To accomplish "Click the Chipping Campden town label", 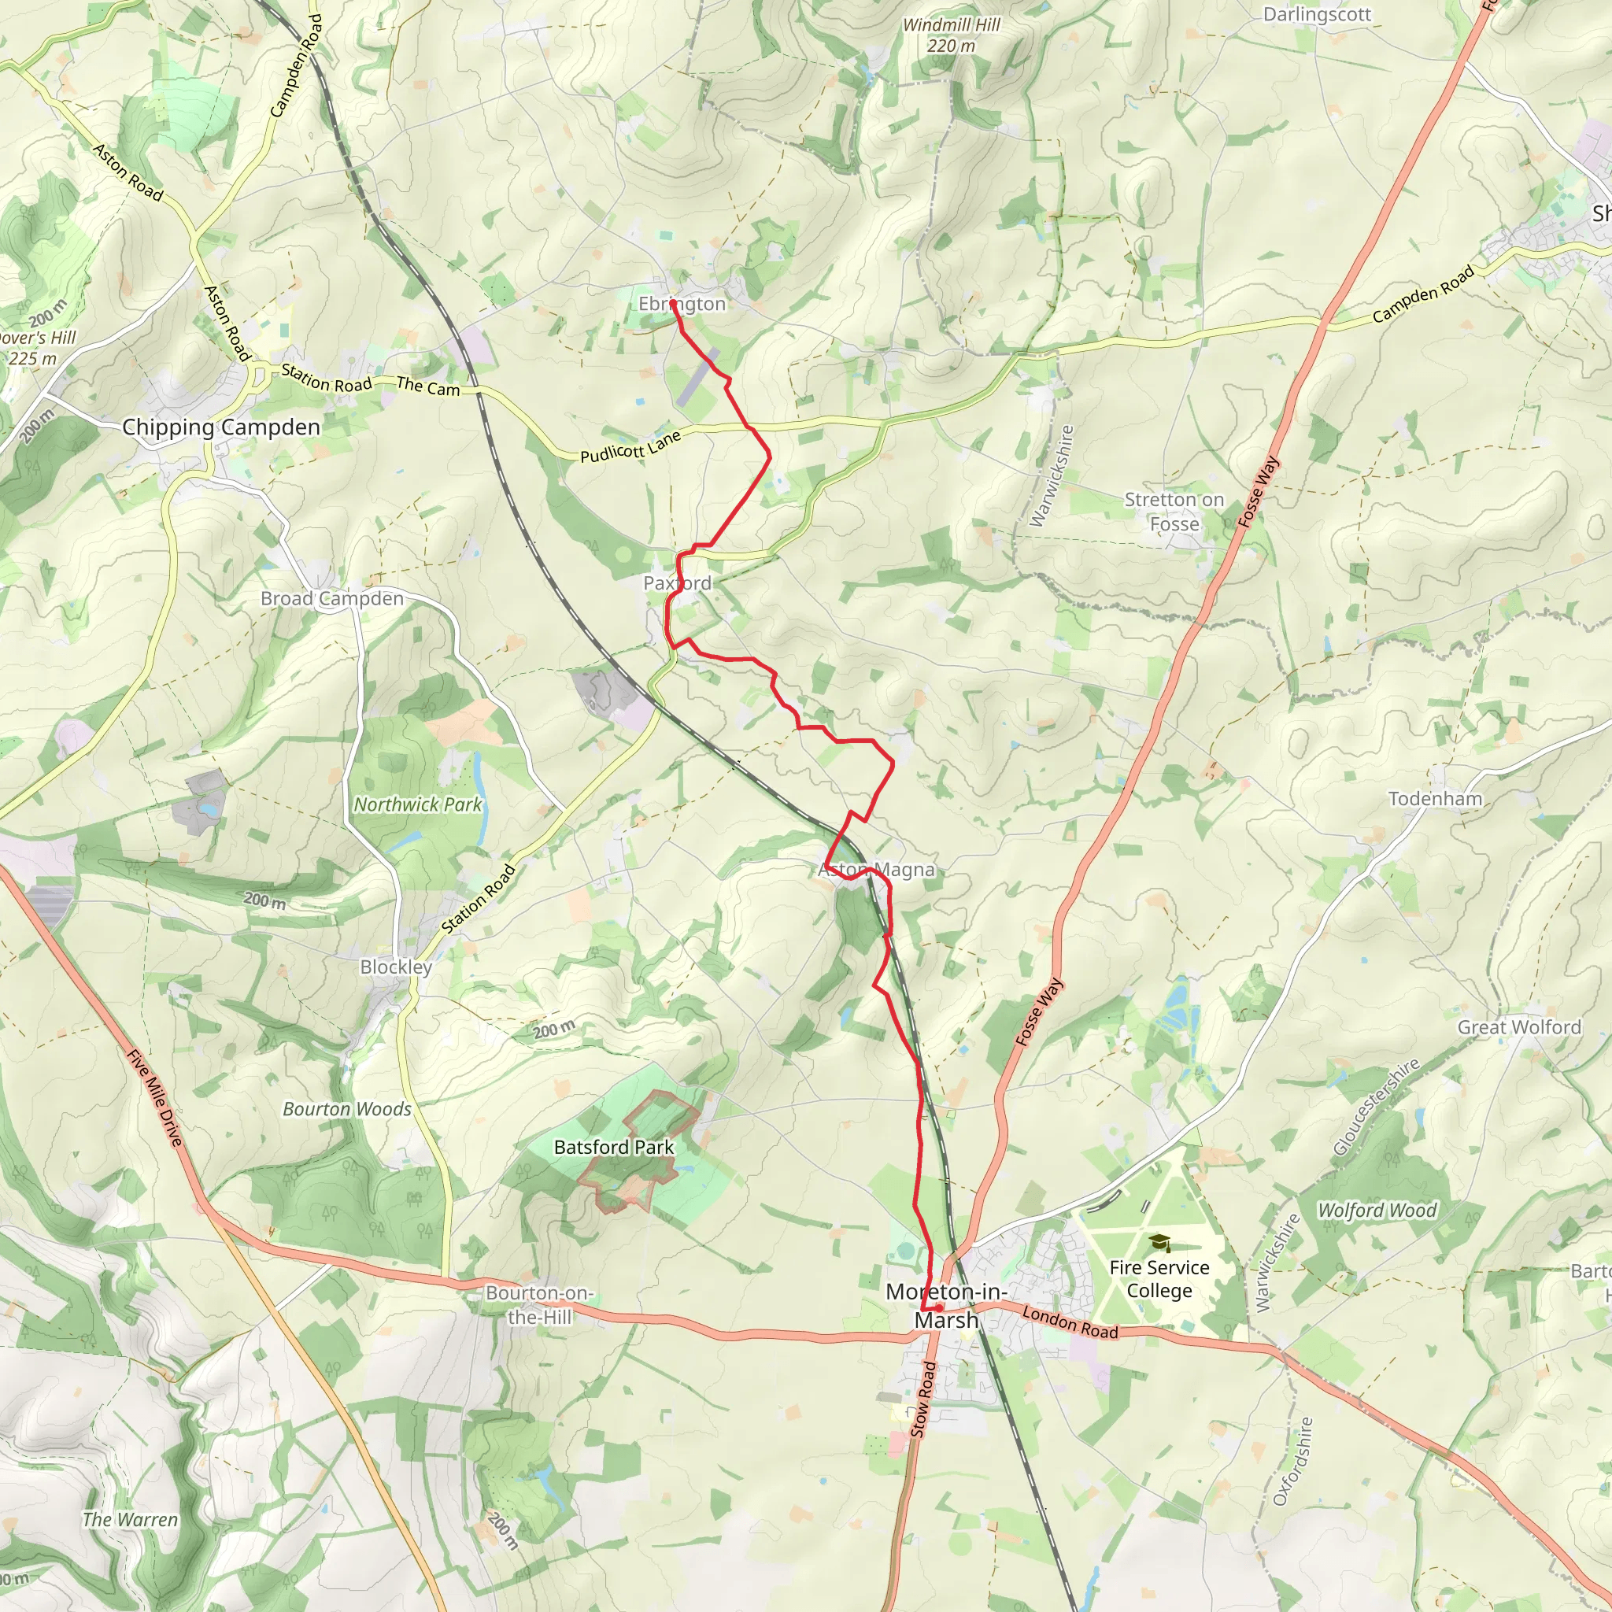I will (x=221, y=427).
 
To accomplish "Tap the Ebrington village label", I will (x=682, y=304).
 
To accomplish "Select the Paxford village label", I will (x=677, y=583).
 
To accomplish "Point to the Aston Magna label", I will (x=876, y=870).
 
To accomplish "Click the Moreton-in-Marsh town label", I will (x=946, y=1306).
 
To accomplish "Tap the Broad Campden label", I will (x=332, y=598).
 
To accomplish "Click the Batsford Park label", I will (x=613, y=1148).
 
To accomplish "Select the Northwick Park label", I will (x=418, y=804).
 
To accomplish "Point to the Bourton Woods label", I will (x=347, y=1109).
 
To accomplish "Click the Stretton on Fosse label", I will (x=1174, y=512).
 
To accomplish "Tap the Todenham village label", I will (x=1435, y=798).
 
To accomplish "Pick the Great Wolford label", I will (x=1518, y=1027).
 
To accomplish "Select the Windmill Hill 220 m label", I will (x=951, y=35).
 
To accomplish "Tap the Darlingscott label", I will (x=1317, y=14).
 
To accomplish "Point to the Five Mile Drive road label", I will (x=154, y=1097).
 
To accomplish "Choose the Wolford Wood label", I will (x=1377, y=1210).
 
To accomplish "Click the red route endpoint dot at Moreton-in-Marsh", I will (x=939, y=1307).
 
